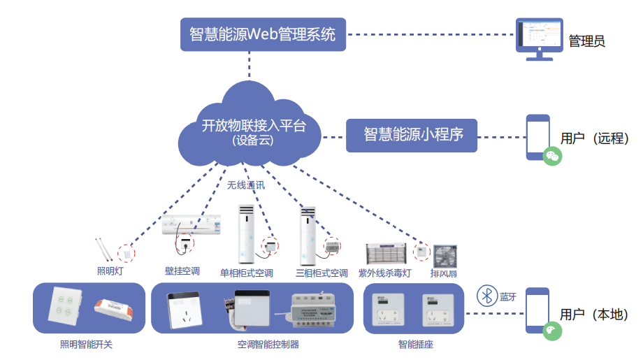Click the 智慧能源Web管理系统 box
(x=263, y=34)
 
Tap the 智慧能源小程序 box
(x=413, y=134)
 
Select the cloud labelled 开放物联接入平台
(x=252, y=130)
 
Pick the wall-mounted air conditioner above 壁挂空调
(x=192, y=224)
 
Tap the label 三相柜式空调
(x=321, y=273)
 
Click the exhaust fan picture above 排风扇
(x=445, y=256)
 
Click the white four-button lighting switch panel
(x=66, y=308)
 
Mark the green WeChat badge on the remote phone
(x=552, y=155)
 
